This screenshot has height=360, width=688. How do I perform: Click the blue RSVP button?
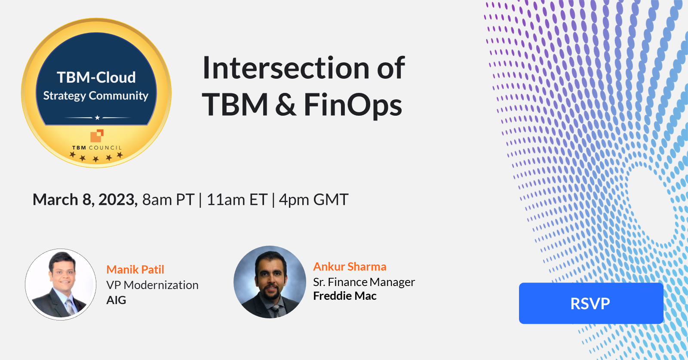coord(591,303)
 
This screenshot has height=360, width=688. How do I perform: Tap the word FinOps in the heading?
coord(353,105)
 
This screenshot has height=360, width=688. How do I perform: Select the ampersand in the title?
coord(286,105)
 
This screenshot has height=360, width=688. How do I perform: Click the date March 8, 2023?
coord(85,200)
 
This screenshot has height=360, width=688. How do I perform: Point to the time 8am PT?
coord(168,200)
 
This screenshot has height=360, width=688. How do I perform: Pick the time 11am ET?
coord(237,200)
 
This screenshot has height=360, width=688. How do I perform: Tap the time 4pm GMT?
coord(313,200)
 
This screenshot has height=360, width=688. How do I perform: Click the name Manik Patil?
coord(135,270)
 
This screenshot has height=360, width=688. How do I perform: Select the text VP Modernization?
coord(152,285)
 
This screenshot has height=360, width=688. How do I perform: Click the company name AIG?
coord(116,300)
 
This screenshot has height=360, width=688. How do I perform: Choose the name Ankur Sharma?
coord(350,267)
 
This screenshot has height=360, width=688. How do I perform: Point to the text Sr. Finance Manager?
coord(364,282)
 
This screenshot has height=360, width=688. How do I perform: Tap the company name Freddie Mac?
coord(345,296)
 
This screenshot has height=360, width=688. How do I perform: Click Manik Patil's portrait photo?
coord(61,284)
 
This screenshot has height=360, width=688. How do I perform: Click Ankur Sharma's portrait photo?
coord(270,282)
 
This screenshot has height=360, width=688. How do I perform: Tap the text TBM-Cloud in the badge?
coord(96,77)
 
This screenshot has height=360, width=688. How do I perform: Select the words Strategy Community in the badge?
coord(95,95)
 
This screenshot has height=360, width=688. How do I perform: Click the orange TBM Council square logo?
coord(97,135)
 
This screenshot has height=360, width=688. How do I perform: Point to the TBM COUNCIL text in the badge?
coord(97,148)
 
